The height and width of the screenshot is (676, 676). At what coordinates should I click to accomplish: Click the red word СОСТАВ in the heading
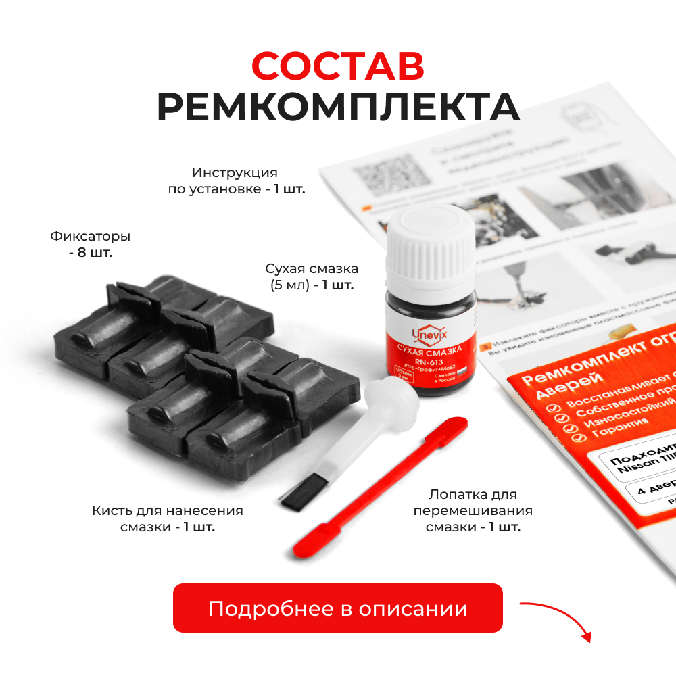[338, 66]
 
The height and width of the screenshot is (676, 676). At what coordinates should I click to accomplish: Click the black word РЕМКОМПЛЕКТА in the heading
[338, 107]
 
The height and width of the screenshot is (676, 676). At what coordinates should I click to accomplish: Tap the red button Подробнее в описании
[338, 608]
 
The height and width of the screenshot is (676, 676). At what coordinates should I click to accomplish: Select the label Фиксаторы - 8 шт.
[90, 245]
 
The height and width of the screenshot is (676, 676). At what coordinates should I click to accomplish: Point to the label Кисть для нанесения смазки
[167, 518]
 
